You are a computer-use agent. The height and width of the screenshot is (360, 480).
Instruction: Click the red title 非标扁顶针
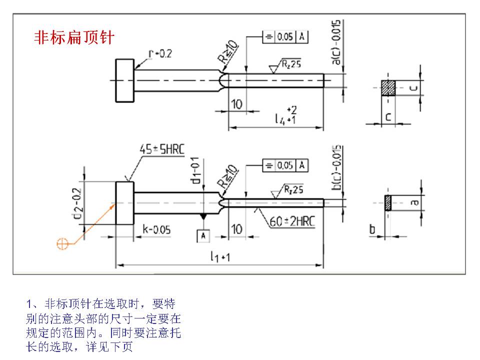(74, 38)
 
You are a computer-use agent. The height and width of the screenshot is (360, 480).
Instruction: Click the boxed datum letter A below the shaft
(203, 235)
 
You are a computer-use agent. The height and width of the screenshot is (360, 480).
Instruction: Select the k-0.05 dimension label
(156, 229)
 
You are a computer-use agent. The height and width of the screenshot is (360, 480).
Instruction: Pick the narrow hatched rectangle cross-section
(388, 202)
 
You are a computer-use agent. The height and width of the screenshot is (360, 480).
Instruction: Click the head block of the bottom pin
(125, 203)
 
